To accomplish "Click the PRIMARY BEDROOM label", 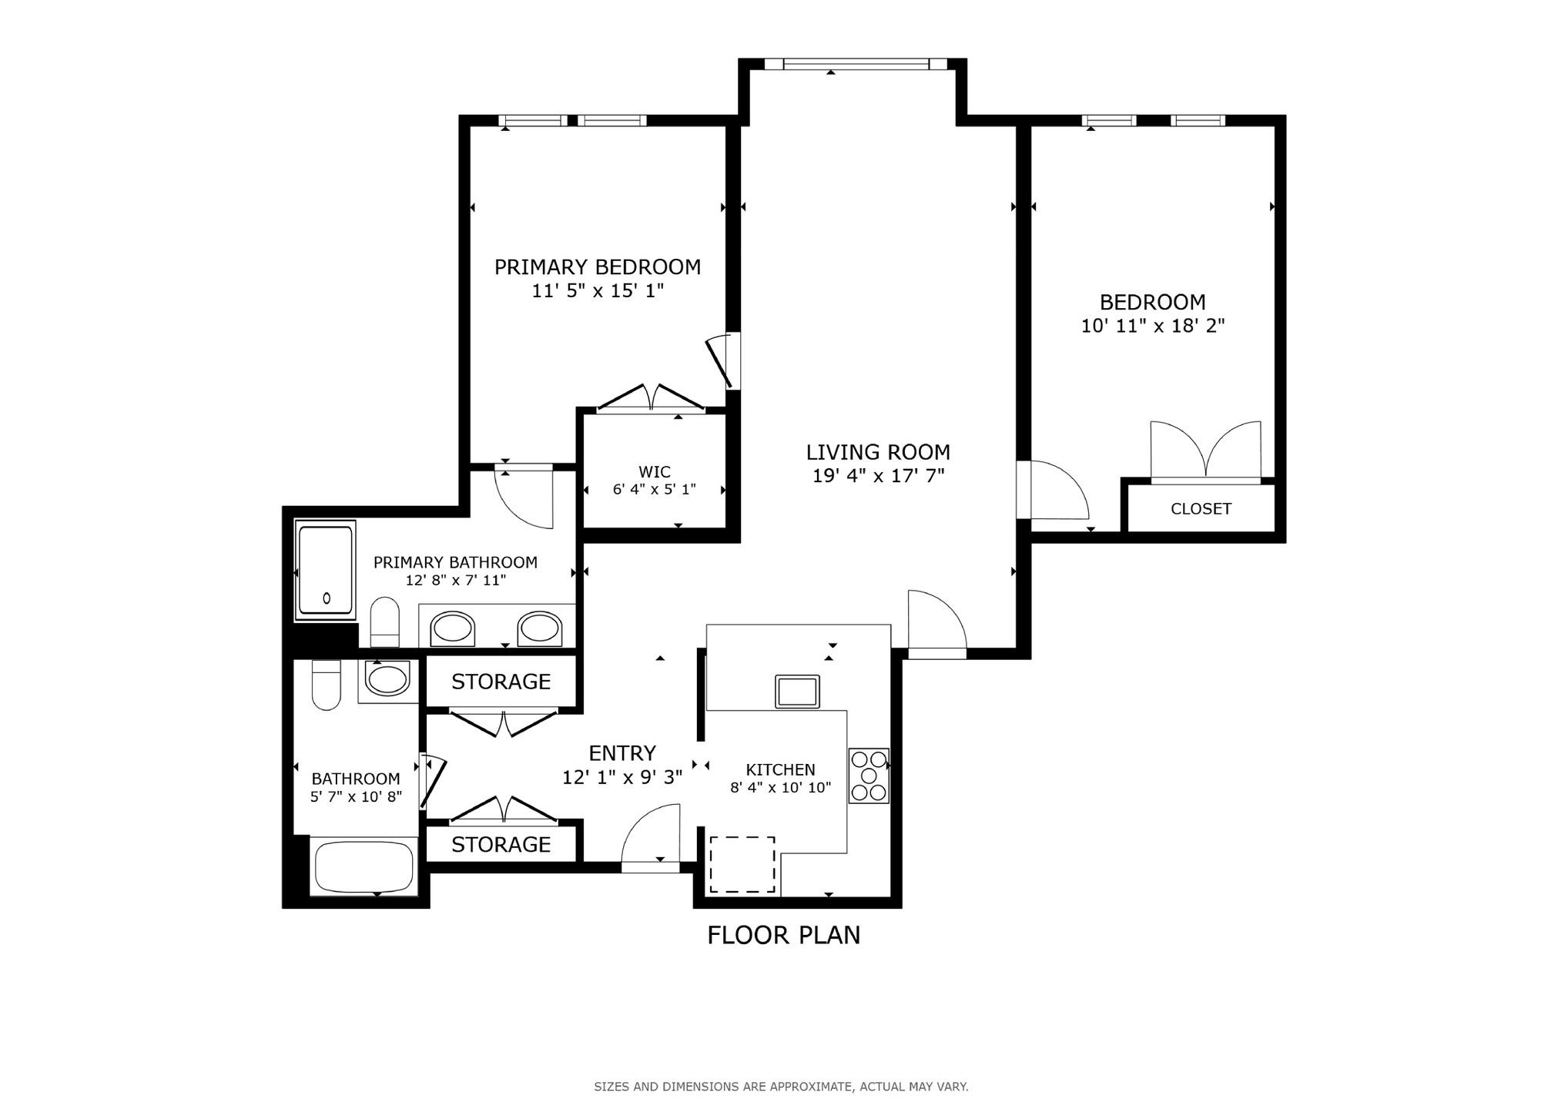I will click(597, 267).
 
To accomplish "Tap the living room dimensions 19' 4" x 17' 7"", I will click(878, 476).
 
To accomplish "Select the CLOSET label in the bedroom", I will click(1200, 509).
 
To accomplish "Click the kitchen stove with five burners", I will click(869, 776).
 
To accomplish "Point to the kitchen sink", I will click(797, 691).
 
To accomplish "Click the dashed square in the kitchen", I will click(742, 864).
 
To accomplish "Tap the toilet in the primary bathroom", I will click(385, 622).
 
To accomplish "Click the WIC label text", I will click(654, 472).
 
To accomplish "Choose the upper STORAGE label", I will click(501, 682).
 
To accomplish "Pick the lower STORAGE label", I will click(501, 845).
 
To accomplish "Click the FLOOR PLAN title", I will click(783, 935).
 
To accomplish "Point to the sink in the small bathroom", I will click(387, 680).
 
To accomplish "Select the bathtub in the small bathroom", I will click(364, 866).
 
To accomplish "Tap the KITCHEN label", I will click(780, 769).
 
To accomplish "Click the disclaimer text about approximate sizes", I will click(781, 1087).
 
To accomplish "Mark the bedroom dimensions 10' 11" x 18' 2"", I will click(1152, 326).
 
